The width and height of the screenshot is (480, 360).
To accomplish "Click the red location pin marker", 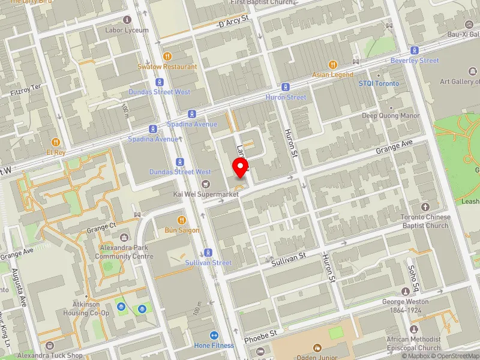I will coord(241,167).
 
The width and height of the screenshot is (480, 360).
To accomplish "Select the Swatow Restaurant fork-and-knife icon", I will coord(167,56).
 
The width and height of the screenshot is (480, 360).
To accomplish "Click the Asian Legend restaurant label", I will coord(332,74).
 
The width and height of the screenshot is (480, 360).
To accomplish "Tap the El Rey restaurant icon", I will coord(56,142).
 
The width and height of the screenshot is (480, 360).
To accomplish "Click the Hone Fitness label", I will coord(214,345).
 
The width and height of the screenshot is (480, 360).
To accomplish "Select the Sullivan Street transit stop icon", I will coord(208,253).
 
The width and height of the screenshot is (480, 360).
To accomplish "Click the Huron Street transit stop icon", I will coord(286,87).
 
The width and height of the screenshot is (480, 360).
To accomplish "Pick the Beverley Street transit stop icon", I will coord(414,50).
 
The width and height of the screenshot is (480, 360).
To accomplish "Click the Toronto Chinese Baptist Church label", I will coord(425,221).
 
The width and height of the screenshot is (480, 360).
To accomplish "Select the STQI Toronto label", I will coord(379,83).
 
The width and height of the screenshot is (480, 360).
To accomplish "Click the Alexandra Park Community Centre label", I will coord(124,252).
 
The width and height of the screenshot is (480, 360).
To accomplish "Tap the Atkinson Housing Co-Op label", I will coord(88,308).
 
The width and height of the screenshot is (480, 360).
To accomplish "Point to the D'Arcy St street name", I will coord(234,23).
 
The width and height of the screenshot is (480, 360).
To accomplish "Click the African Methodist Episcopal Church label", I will coord(413,343).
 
